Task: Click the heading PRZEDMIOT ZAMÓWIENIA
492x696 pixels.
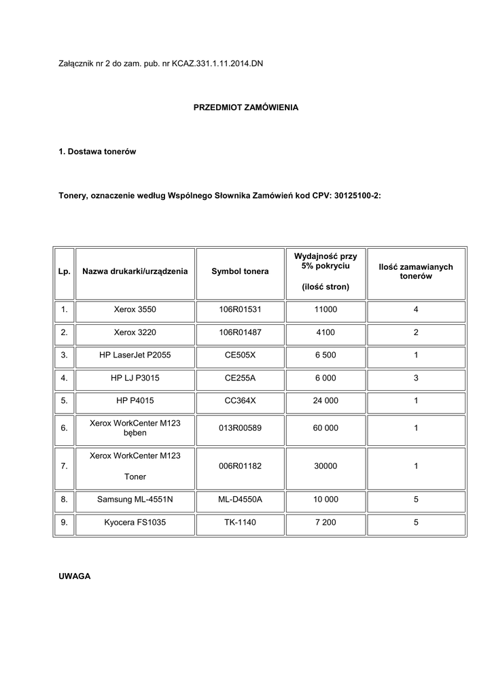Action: click(x=246, y=108)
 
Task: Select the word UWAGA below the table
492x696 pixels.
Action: click(x=74, y=576)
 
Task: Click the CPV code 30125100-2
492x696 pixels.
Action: click(x=357, y=195)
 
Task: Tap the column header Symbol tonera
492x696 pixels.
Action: click(x=240, y=272)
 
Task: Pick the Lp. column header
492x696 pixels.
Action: click(x=64, y=272)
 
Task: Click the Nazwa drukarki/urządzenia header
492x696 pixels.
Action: click(x=135, y=272)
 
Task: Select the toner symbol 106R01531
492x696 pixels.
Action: click(x=240, y=310)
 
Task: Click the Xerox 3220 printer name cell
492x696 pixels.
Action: click(x=135, y=333)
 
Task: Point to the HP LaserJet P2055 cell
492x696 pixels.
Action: click(x=135, y=355)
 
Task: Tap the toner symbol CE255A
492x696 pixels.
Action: click(x=240, y=378)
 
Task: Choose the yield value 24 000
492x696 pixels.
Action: click(x=326, y=401)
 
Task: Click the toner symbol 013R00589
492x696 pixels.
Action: click(x=240, y=428)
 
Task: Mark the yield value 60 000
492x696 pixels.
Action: click(x=326, y=428)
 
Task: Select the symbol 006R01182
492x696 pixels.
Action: click(x=240, y=466)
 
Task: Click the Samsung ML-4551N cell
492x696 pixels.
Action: click(x=135, y=500)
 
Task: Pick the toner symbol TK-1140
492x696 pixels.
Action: click(x=240, y=523)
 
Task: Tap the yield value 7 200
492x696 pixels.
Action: click(x=326, y=523)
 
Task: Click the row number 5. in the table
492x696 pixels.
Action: click(x=64, y=401)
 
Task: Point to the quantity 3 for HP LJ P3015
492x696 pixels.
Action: click(x=416, y=378)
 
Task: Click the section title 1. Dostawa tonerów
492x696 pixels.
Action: click(x=97, y=152)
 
